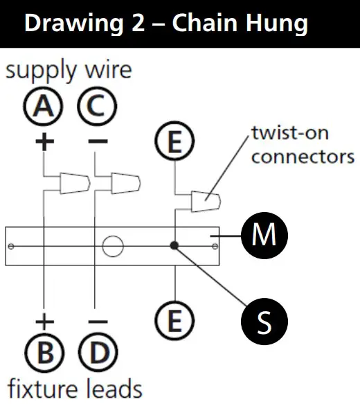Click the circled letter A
click(44, 108)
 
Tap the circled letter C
click(98, 108)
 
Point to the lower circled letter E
click(176, 320)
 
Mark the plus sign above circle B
click(44, 322)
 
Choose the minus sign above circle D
click(98, 322)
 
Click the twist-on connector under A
click(73, 184)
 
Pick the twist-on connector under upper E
click(206, 202)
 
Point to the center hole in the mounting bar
click(112, 245)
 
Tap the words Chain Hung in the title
click(240, 23)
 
